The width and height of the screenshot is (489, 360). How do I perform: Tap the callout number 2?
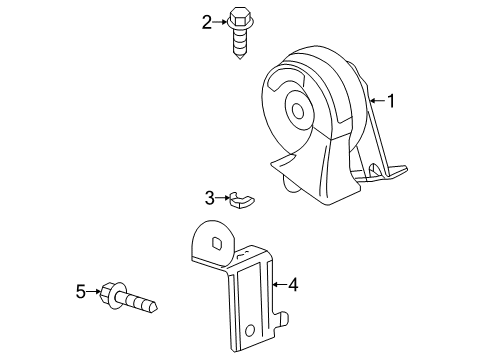[206, 21]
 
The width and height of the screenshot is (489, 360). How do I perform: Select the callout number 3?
[209, 197]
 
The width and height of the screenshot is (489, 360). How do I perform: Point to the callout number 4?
[293, 285]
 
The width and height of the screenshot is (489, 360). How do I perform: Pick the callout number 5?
[80, 292]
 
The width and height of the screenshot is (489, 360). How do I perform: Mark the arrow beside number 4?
[278, 285]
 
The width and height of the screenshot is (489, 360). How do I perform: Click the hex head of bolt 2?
[239, 19]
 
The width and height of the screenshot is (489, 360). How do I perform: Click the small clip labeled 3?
[241, 201]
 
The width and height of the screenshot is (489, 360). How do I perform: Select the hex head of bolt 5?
[112, 293]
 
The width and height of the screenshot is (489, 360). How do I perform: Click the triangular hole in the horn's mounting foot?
[375, 172]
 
